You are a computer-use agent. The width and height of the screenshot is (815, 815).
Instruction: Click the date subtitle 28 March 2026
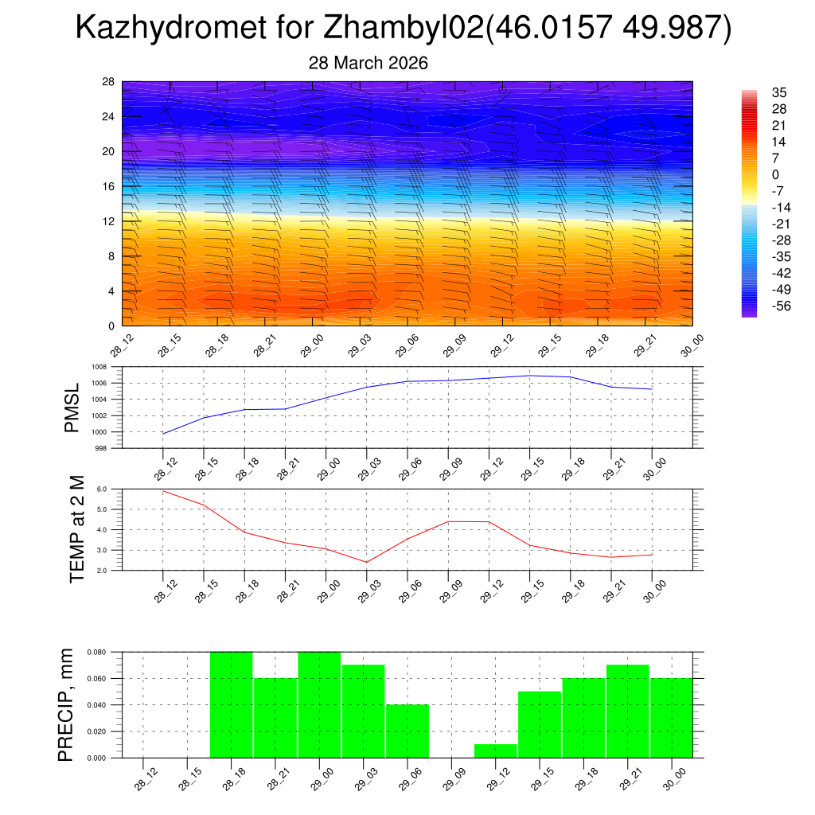pyautogui.click(x=368, y=63)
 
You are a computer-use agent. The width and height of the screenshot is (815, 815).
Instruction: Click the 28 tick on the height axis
pyautogui.click(x=108, y=82)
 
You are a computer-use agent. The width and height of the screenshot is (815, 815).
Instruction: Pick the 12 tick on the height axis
pyautogui.click(x=108, y=221)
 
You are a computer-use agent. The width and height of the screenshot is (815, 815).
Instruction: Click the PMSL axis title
pyautogui.click(x=72, y=407)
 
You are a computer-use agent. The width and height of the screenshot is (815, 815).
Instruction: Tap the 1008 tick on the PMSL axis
pyautogui.click(x=99, y=367)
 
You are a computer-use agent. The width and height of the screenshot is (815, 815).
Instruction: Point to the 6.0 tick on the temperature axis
pyautogui.click(x=102, y=489)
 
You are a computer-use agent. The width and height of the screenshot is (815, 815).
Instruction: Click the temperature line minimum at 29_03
pyautogui.click(x=367, y=562)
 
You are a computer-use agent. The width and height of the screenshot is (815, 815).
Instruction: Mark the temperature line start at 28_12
pyautogui.click(x=163, y=491)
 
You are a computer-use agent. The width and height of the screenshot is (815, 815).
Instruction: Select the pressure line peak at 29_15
pyautogui.click(x=530, y=375)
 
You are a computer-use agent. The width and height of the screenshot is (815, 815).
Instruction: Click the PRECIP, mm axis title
pyautogui.click(x=67, y=704)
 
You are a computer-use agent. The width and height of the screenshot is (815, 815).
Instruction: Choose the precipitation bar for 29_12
pyautogui.click(x=495, y=751)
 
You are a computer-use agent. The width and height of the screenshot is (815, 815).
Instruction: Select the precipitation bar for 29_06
pyautogui.click(x=407, y=731)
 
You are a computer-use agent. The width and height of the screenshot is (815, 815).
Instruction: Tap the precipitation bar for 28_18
pyautogui.click(x=232, y=704)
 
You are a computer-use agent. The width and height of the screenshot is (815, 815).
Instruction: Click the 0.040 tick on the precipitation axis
pyautogui.click(x=96, y=705)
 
